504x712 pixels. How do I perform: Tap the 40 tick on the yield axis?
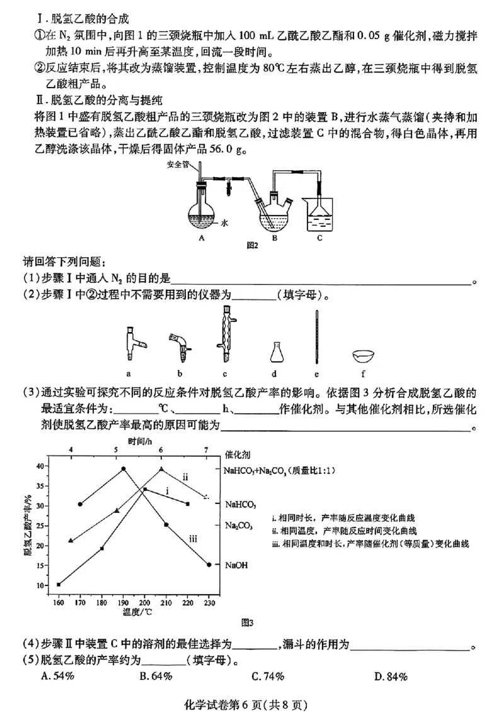tap(42, 466)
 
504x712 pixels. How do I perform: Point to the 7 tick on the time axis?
tap(206, 450)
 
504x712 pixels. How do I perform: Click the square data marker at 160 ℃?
tap(59, 585)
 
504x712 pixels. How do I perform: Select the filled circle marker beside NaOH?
tap(209, 565)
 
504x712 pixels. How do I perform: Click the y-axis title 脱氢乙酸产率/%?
tap(28, 526)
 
